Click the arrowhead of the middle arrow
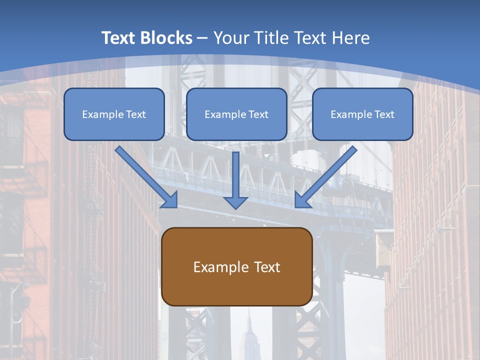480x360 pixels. (235, 201)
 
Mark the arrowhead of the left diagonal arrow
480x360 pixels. (170, 200)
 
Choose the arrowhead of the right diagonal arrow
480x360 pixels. (302, 200)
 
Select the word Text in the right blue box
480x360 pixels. (384, 114)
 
